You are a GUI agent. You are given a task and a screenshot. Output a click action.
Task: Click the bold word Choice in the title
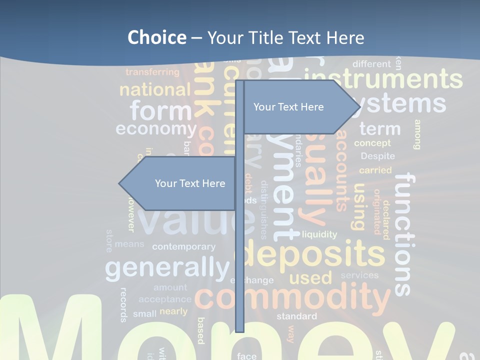point(156,38)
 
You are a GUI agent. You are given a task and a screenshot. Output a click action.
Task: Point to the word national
point(155,90)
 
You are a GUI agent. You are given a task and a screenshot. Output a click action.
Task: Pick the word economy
point(156,129)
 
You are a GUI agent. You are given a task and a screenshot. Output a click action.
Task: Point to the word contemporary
point(183,246)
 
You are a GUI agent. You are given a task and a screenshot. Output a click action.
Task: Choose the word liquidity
point(319,234)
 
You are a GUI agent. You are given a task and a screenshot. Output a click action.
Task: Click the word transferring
point(152,72)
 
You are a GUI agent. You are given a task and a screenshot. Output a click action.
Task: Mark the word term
point(380,129)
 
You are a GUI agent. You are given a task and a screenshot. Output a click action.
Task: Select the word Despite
point(377,156)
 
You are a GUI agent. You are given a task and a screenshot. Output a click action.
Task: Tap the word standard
point(296,316)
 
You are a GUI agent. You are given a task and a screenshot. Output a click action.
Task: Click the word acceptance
point(165,299)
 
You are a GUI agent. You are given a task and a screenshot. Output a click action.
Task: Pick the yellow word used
point(310,277)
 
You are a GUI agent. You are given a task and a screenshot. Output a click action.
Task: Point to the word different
point(371,64)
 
